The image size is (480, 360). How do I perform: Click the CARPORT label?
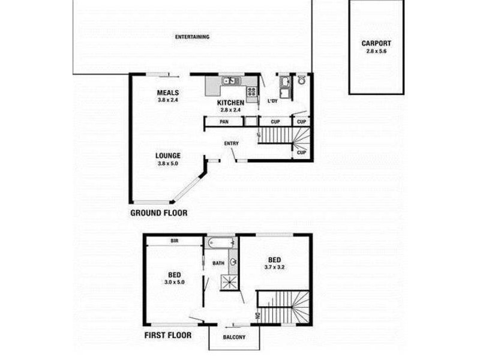376,43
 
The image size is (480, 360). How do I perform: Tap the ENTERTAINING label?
192,37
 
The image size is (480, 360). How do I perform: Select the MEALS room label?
169,92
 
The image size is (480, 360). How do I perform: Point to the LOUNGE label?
168,155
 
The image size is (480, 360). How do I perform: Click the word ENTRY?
231,143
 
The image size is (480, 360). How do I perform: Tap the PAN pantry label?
223,122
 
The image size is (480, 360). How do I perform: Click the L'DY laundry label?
273,101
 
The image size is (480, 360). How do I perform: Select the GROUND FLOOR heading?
158,213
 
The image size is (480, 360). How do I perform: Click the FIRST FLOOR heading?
167,335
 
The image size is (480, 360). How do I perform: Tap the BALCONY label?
235,337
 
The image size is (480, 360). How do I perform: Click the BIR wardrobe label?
175,241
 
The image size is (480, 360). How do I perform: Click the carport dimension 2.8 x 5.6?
376,52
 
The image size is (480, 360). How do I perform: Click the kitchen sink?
229,80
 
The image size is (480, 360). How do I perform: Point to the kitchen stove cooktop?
251,92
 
